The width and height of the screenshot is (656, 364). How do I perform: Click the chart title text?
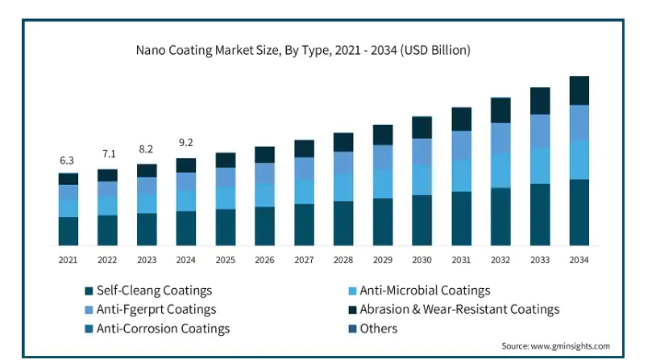(302, 50)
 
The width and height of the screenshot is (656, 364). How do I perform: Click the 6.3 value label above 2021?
(68, 161)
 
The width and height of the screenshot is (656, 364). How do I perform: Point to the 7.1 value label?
(107, 154)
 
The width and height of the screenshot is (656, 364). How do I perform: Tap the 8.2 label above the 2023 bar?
(147, 149)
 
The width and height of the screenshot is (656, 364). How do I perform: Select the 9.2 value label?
(186, 143)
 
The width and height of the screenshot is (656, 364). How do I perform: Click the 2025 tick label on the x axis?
(226, 260)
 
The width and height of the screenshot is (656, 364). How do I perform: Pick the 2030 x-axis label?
(421, 260)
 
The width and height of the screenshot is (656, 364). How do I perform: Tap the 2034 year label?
(579, 260)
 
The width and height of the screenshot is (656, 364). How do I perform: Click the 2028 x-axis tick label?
(343, 260)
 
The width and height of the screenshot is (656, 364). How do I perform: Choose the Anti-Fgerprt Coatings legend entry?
(156, 309)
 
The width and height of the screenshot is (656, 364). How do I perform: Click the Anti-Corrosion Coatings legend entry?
(163, 328)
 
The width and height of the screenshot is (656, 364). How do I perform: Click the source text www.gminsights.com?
(554, 346)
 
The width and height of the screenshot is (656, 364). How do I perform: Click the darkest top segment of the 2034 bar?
(579, 90)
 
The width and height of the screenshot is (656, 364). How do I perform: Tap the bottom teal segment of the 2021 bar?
(68, 231)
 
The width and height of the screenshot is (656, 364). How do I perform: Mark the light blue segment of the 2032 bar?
(500, 170)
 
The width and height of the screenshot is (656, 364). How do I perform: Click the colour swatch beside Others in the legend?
(351, 328)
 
